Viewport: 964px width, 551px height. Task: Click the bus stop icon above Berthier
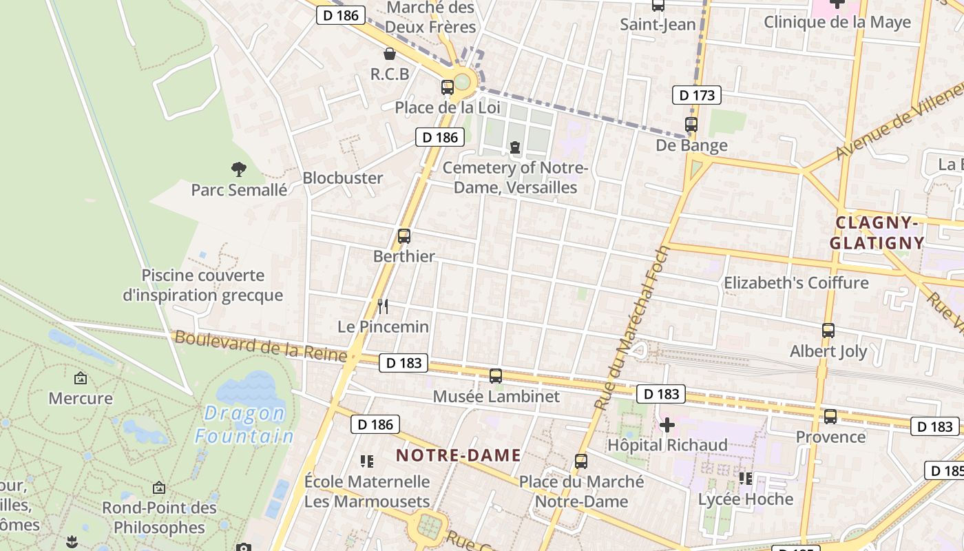click(x=404, y=236)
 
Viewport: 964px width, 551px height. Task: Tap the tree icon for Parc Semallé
click(x=239, y=169)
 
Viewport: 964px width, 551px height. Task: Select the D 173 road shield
click(x=697, y=95)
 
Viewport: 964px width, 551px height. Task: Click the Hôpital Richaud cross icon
click(x=667, y=425)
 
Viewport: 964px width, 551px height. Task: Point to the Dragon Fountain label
click(x=245, y=424)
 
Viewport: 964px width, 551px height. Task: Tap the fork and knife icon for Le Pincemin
click(x=383, y=306)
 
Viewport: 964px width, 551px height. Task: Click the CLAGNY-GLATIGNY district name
click(x=877, y=233)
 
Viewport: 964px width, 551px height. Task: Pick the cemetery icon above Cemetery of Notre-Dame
click(x=514, y=147)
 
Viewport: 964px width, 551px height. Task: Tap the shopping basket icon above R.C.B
click(x=390, y=54)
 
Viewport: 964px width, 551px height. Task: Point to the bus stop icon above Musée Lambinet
click(x=496, y=376)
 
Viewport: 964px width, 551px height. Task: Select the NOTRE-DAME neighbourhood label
click(x=459, y=455)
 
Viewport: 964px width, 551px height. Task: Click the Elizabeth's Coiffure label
click(x=796, y=282)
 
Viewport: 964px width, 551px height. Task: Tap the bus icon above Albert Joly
click(x=828, y=331)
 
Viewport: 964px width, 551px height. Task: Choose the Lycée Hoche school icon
click(x=745, y=478)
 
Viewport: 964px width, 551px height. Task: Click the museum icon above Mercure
click(x=81, y=378)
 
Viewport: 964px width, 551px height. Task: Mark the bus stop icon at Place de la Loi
click(x=448, y=87)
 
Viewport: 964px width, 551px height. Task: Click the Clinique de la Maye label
click(x=837, y=22)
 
